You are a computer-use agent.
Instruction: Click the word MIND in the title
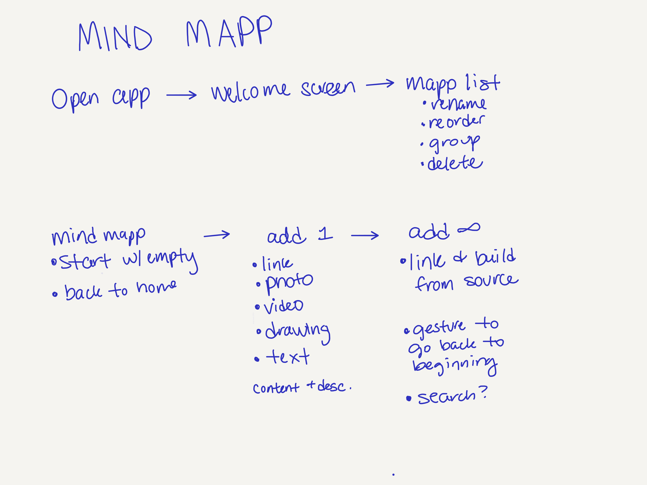point(115,37)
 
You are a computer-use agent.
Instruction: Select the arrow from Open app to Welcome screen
point(181,95)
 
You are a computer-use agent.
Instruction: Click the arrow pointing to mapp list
point(380,84)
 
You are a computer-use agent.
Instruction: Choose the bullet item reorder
point(456,122)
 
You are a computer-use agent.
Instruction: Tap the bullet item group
point(454,143)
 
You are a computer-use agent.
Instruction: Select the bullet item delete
point(455,163)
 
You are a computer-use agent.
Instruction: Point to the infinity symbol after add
point(469,228)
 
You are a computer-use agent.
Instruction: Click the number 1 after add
point(325,234)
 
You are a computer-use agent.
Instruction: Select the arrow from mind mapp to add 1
point(217,235)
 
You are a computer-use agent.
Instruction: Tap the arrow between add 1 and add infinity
point(365,235)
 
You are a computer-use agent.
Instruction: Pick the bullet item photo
point(289,282)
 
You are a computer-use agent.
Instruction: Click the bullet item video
point(283,306)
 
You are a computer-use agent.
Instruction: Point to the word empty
point(172,259)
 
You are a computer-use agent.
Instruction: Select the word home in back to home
point(157,287)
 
